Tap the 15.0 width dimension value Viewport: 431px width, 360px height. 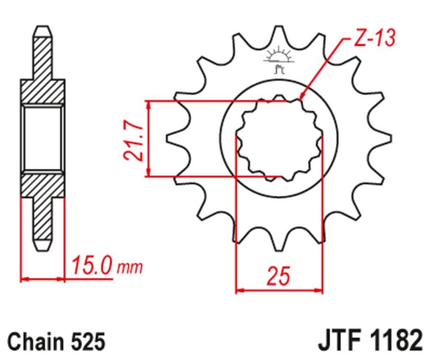point(91,266)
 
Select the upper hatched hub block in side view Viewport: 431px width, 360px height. point(43,92)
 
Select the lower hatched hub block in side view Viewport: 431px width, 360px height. point(43,184)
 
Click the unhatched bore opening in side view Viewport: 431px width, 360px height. point(43,138)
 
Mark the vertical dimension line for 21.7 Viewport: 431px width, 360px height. point(149,138)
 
